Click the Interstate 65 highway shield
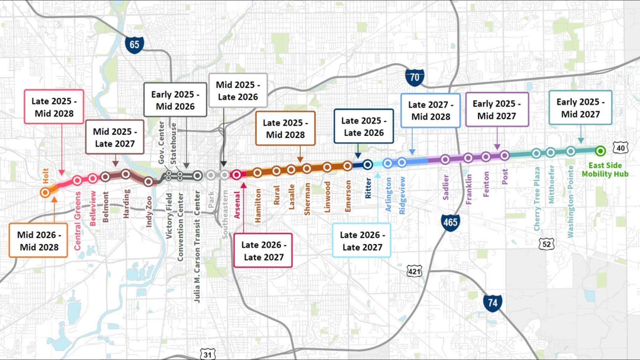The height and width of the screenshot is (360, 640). point(134,45)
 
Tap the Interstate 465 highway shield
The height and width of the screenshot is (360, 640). point(450,222)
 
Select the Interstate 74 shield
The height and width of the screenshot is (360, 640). point(492,303)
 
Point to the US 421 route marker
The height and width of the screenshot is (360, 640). point(414,271)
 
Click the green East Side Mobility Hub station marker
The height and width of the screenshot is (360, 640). point(600,151)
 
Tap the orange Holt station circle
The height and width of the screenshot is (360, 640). point(45,192)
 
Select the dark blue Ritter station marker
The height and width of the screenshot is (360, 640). point(368,164)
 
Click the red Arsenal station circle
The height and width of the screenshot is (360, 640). point(236,175)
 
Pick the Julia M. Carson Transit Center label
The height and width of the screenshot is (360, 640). point(197,247)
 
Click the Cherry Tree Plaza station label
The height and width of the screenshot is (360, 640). point(537,199)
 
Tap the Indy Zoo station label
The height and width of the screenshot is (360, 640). point(149,212)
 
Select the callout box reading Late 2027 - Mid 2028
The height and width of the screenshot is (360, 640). point(430,111)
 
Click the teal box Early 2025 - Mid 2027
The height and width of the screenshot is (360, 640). point(580,108)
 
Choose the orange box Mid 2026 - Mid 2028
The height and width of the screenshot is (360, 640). point(39,241)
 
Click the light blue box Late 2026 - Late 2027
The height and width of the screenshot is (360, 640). point(362,241)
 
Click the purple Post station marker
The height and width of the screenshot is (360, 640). point(505,155)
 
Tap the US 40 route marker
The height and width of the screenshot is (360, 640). point(620,148)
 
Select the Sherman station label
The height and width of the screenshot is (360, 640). point(307,199)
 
